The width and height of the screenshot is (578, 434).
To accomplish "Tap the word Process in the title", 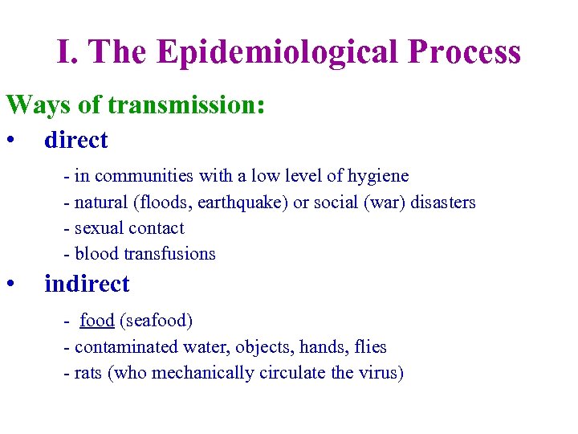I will point(465,53).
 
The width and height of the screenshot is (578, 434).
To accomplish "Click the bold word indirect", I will point(87,284).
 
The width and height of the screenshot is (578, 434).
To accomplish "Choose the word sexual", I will point(100,228).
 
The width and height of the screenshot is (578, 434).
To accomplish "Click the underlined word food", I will point(96,321).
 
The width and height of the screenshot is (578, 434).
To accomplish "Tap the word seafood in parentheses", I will point(157,321).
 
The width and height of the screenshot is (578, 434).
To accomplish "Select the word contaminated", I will point(127,347).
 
